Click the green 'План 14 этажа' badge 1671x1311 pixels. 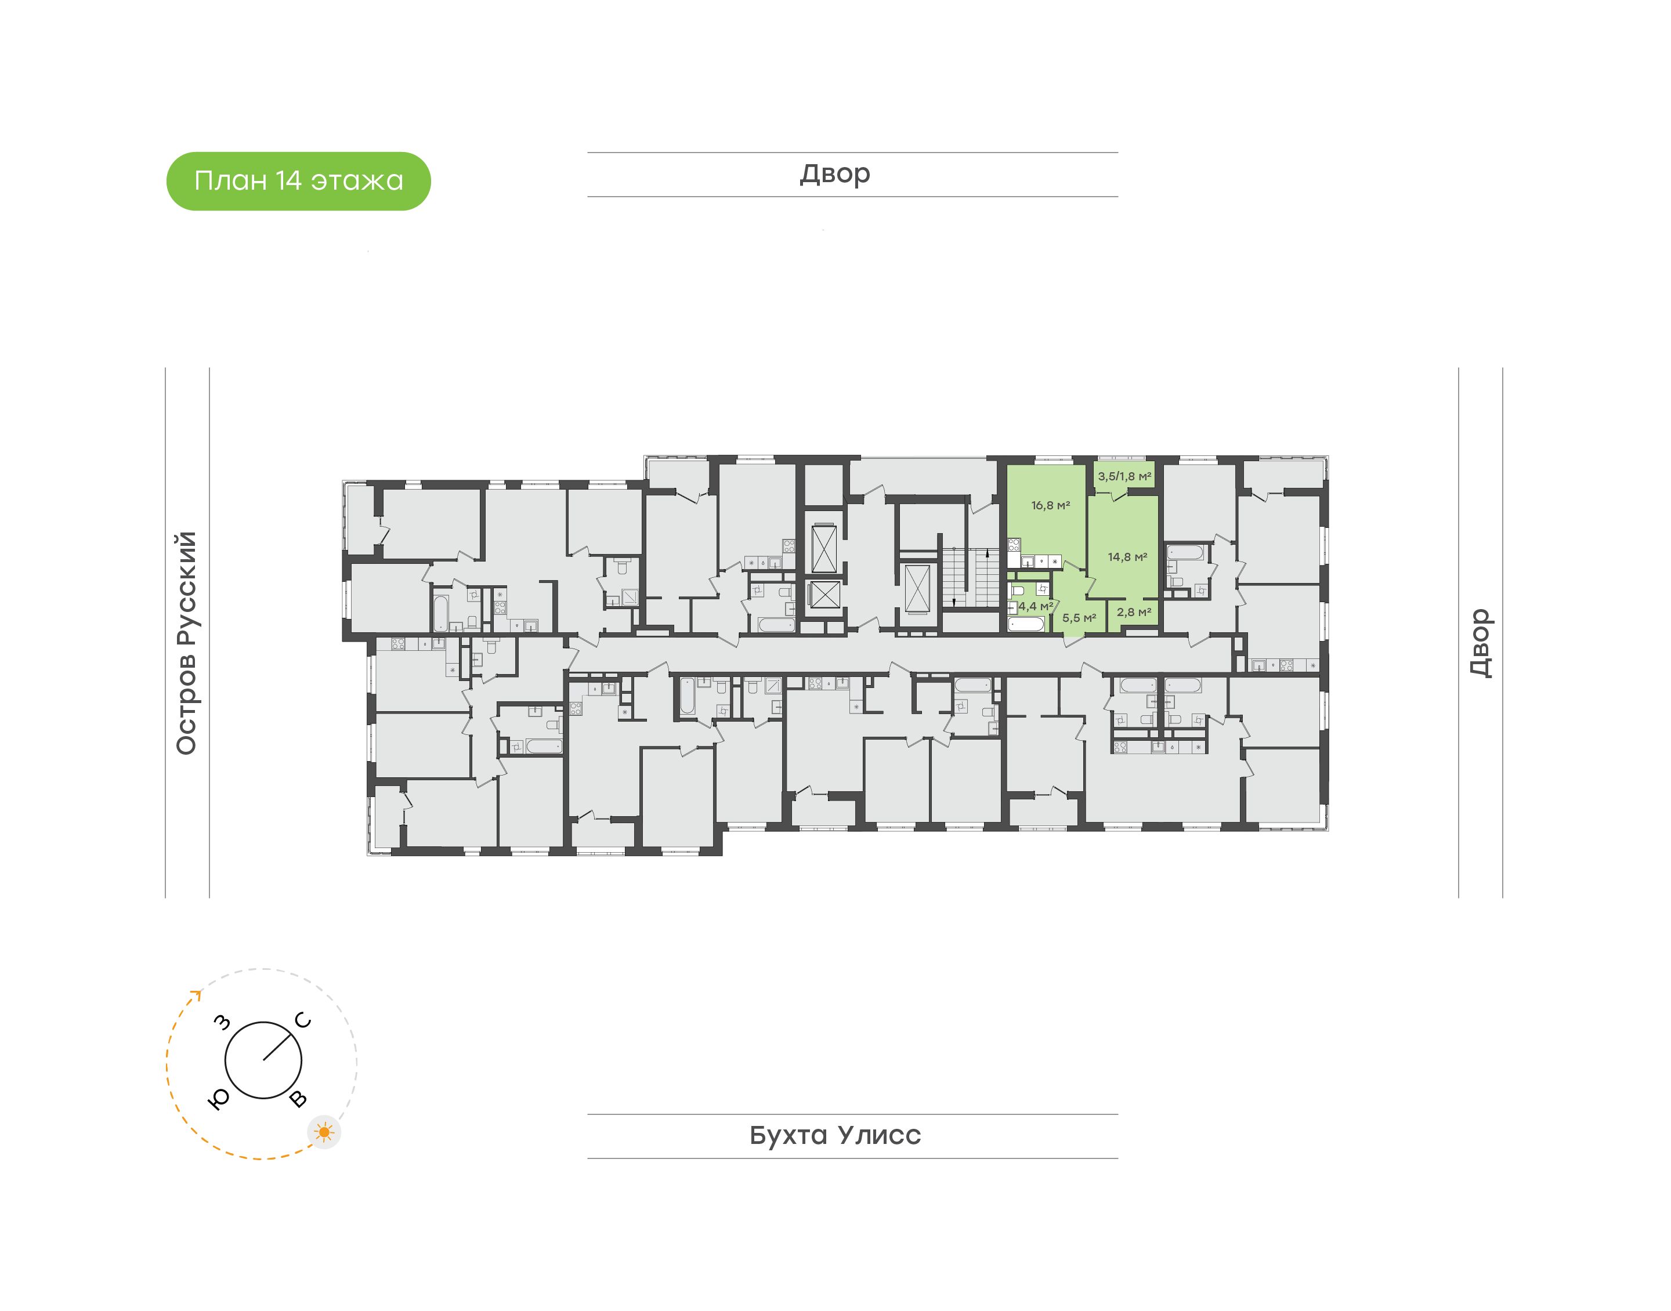pyautogui.click(x=299, y=181)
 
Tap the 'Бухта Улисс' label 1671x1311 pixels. pyautogui.click(x=835, y=1135)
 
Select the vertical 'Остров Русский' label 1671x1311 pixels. pyautogui.click(x=186, y=643)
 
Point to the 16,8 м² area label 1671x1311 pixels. pyautogui.click(x=1050, y=506)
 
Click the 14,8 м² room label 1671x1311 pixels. pyautogui.click(x=1127, y=557)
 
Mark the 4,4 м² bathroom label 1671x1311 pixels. pyautogui.click(x=1036, y=606)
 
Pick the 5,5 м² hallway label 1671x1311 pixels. pyautogui.click(x=1079, y=618)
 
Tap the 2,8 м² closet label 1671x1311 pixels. pyautogui.click(x=1134, y=612)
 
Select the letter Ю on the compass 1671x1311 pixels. pyautogui.click(x=219, y=1100)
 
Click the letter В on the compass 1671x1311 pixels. pyautogui.click(x=298, y=1099)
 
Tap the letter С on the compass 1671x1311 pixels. pyautogui.click(x=303, y=1020)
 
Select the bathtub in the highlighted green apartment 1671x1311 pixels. pyautogui.click(x=1026, y=624)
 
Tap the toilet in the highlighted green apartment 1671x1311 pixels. pyautogui.click(x=1041, y=589)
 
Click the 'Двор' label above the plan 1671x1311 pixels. pyautogui.click(x=835, y=174)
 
